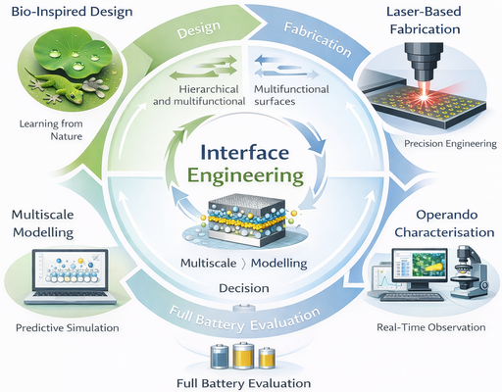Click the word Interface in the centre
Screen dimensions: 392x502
coord(250,155)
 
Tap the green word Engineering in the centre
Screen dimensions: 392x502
coord(250,178)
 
